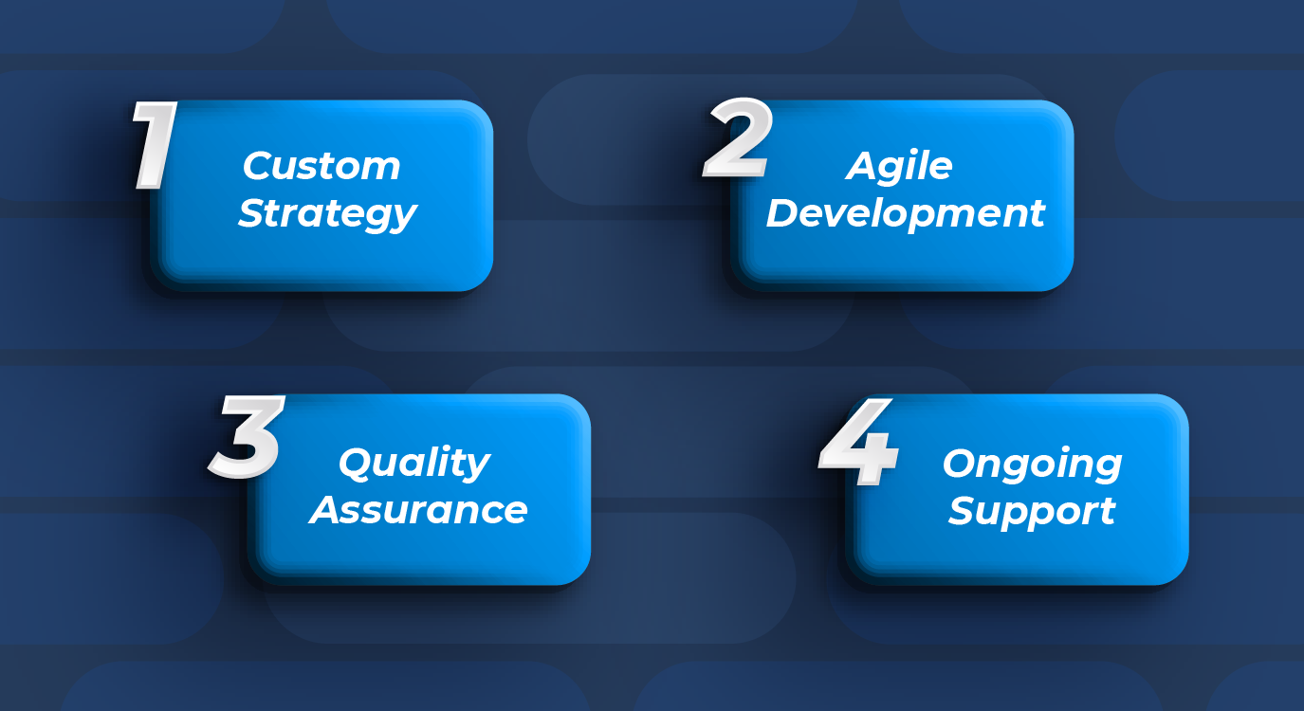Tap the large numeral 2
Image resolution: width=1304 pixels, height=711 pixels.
coord(738,137)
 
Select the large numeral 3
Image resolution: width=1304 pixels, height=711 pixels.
coord(247,436)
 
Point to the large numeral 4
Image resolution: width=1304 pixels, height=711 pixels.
coord(858,442)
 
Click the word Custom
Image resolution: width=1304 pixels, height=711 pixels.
coord(321,167)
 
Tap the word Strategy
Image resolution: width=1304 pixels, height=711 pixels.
coord(328,214)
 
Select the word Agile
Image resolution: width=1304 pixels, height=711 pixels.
coord(899,167)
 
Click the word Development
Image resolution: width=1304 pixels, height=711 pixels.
coord(906,214)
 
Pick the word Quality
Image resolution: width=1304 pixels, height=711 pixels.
coord(414,464)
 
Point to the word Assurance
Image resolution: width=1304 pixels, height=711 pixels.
coord(418,510)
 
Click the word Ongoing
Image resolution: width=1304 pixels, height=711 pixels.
coord(1033,465)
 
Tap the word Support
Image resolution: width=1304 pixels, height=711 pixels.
coord(1032,511)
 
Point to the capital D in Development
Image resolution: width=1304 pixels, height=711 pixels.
coord(783,213)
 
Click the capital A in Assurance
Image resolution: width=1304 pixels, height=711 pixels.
coord(327,510)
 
